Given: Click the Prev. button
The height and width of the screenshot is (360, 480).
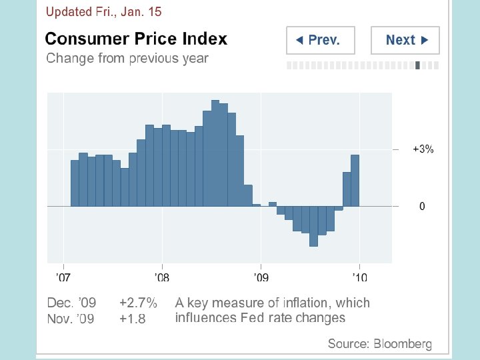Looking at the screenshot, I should [x=320, y=40].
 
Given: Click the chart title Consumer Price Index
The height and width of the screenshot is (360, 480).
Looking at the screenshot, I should [x=136, y=39].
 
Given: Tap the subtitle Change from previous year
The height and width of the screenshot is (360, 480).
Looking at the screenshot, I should [x=127, y=58].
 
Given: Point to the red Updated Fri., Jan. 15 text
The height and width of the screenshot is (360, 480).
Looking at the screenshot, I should [x=103, y=12].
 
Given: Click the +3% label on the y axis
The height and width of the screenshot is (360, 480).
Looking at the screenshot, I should [x=423, y=149].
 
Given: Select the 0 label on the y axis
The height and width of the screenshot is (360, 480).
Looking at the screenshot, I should [x=422, y=207].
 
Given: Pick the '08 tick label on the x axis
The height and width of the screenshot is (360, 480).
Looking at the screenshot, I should [x=161, y=277].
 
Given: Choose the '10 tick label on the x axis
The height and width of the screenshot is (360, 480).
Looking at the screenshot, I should [x=359, y=277].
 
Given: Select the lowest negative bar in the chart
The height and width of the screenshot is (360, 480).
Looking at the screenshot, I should [x=313, y=227].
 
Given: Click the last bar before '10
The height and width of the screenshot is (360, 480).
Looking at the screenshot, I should [x=355, y=181].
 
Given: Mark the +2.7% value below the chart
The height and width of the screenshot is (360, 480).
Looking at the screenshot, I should [x=138, y=303].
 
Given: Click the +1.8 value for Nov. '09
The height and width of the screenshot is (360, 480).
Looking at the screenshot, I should [x=132, y=319].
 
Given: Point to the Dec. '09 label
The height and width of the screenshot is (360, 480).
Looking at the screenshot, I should [x=71, y=303].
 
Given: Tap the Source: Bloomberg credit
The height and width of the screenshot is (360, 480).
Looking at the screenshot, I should [x=379, y=344].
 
